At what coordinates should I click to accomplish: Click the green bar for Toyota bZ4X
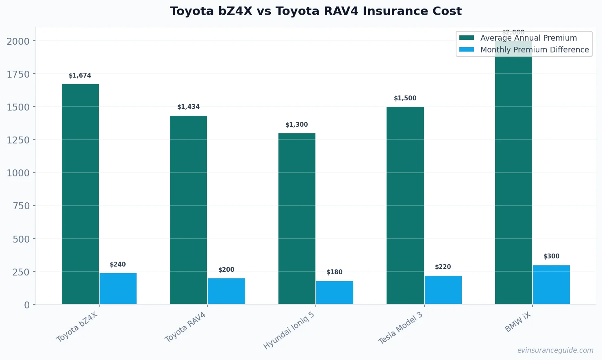[x=80, y=194]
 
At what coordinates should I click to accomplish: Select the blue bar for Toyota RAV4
[x=226, y=291]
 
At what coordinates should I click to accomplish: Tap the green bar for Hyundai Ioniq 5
[x=297, y=219]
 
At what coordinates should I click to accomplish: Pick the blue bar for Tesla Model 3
[x=443, y=290]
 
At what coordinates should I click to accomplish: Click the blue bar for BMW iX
[x=551, y=284]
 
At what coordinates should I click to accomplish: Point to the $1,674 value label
[x=80, y=76]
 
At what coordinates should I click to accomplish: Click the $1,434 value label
[x=188, y=107]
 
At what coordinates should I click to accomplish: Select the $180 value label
[x=334, y=272]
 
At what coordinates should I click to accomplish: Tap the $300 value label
[x=551, y=256]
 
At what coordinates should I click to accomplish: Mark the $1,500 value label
[x=405, y=98]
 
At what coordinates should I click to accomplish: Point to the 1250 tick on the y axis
[x=18, y=140]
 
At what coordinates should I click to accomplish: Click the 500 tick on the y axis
[x=21, y=239]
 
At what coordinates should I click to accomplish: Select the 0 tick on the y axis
[x=27, y=305]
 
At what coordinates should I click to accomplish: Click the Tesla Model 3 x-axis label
[x=401, y=328]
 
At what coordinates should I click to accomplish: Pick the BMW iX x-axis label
[x=518, y=322]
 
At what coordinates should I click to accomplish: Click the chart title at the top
[x=315, y=11]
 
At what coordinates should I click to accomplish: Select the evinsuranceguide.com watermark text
[x=555, y=350]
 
